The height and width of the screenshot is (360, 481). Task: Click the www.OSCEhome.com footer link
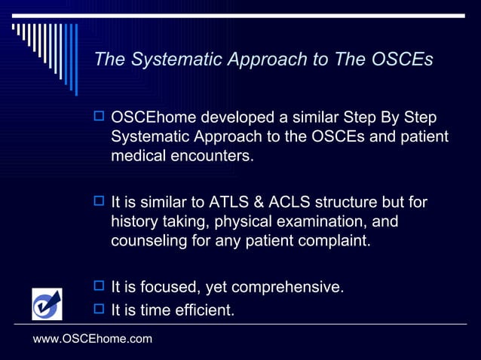93,340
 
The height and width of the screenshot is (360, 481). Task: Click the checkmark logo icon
47,304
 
